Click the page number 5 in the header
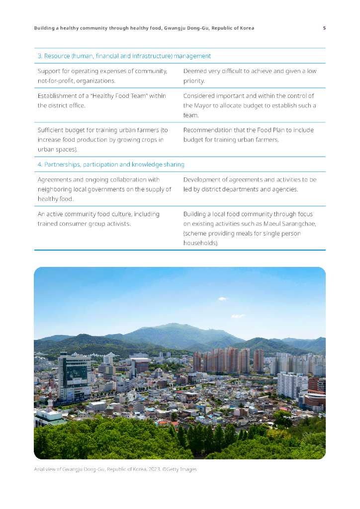(x=324, y=28)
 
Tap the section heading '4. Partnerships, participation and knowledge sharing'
(x=111, y=165)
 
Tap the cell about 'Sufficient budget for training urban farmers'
(x=103, y=140)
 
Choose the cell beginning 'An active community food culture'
(x=98, y=219)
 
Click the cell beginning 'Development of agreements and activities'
(x=250, y=184)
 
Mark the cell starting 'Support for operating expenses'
(x=102, y=76)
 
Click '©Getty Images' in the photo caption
(x=180, y=469)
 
